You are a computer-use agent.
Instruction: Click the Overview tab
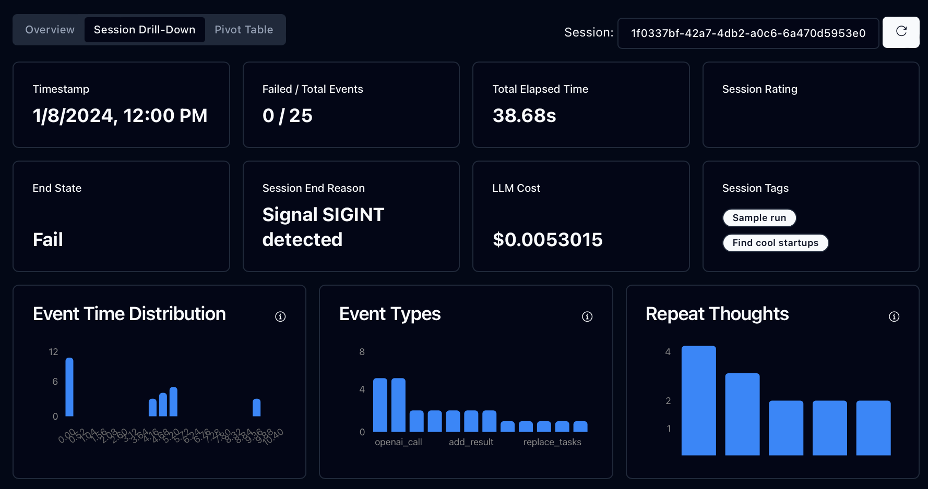tap(50, 30)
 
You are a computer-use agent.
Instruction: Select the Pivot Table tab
tap(244, 30)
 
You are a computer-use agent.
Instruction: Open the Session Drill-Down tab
tap(145, 30)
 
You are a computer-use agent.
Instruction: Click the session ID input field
tap(748, 33)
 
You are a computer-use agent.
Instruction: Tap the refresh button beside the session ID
tap(901, 32)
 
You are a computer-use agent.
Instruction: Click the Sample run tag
tap(759, 218)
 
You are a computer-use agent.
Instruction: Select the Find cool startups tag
tap(775, 243)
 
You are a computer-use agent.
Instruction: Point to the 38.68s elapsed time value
tap(524, 116)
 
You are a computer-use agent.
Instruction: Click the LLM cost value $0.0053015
tap(547, 240)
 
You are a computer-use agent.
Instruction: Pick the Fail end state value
tap(47, 240)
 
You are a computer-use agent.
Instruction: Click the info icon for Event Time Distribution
tap(280, 316)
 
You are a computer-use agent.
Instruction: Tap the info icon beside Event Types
tap(587, 316)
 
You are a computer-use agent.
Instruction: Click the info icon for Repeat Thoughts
tap(894, 316)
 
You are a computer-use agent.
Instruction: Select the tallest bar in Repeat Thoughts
tap(698, 400)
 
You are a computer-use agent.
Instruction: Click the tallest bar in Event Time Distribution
tap(69, 387)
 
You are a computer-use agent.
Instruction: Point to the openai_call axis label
tap(398, 442)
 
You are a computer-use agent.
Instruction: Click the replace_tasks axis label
tap(552, 442)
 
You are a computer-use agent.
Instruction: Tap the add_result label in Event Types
tap(471, 442)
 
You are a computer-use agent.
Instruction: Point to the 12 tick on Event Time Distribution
tap(53, 352)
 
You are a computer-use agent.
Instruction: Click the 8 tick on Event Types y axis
tap(362, 352)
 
